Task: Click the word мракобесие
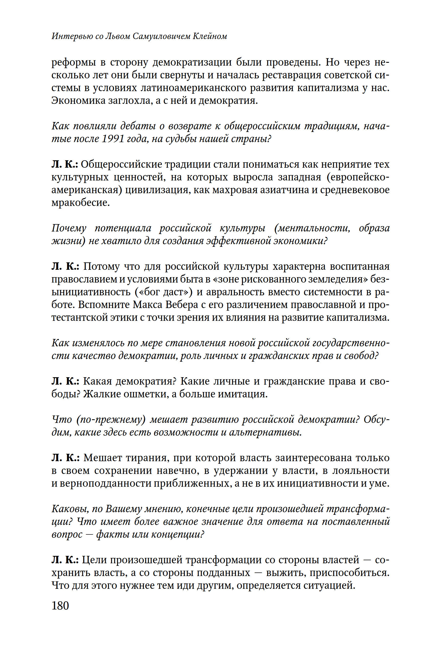click(80, 202)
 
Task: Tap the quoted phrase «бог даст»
click(164, 292)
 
